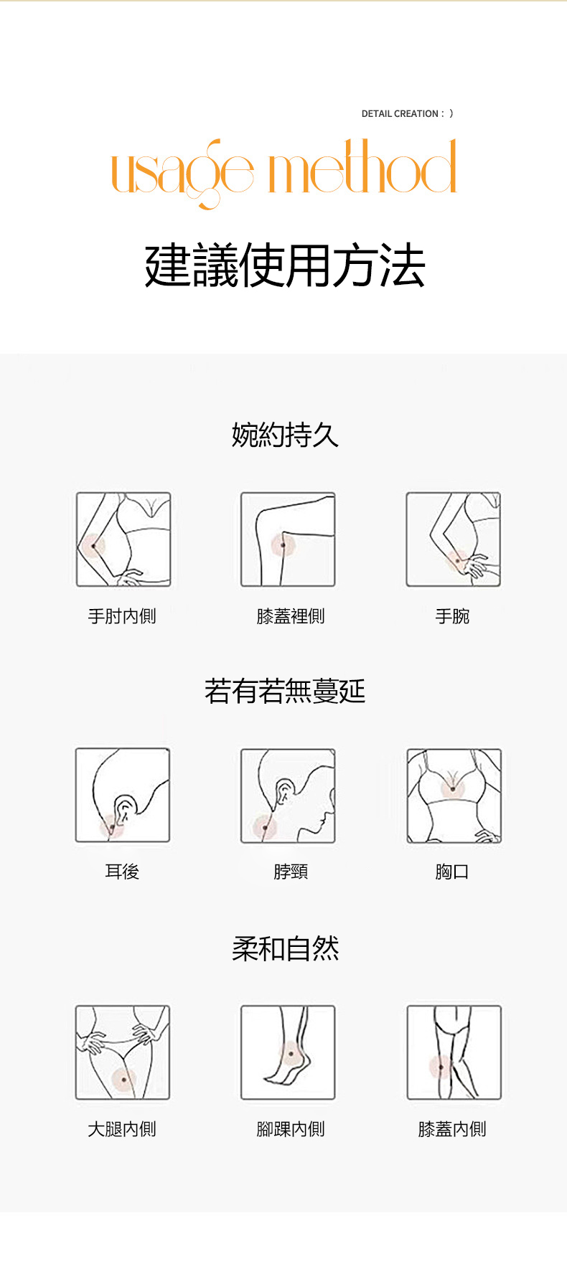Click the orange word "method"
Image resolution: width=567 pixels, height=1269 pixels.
pyautogui.click(x=362, y=166)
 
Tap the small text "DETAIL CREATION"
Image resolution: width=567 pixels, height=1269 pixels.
pyautogui.click(x=400, y=113)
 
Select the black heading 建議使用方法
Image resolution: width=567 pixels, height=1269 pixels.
pyautogui.click(x=285, y=265)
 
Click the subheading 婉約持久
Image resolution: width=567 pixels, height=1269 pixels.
pyautogui.click(x=285, y=435)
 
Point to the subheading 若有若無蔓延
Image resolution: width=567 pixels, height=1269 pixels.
pyautogui.click(x=285, y=691)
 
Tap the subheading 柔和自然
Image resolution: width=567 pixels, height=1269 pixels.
pyautogui.click(x=285, y=948)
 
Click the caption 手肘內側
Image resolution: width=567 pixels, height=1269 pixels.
pyautogui.click(x=122, y=616)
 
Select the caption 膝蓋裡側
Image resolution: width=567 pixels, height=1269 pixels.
pyautogui.click(x=291, y=616)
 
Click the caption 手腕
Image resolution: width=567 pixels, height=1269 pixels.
pyautogui.click(x=452, y=616)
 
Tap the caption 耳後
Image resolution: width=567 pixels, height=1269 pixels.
pyautogui.click(x=122, y=872)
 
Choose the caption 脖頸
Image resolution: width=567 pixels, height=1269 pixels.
pyautogui.click(x=291, y=872)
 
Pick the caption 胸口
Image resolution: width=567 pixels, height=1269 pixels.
pyautogui.click(x=452, y=872)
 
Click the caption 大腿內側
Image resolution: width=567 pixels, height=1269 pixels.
pyautogui.click(x=122, y=1129)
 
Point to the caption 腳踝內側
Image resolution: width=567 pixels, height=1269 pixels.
pyautogui.click(x=291, y=1129)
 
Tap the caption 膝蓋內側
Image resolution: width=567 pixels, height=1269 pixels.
pyautogui.click(x=452, y=1129)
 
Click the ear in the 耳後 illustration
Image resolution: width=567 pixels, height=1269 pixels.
pyautogui.click(x=125, y=809)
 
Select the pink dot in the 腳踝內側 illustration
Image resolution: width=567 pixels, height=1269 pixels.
pyautogui.click(x=291, y=1055)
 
